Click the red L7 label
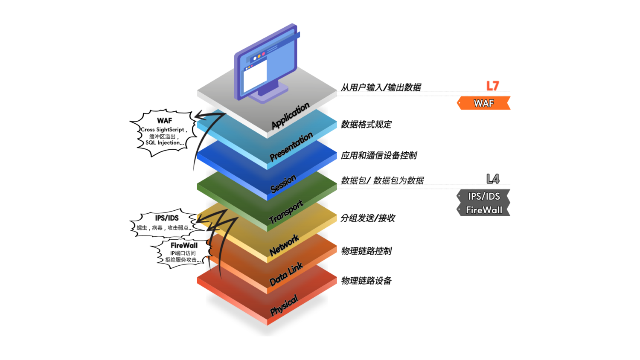pyautogui.click(x=492, y=86)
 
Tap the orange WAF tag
pyautogui.click(x=484, y=103)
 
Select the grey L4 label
pyautogui.click(x=492, y=179)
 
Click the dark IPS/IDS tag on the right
pyautogui.click(x=484, y=196)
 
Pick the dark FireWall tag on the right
pyautogui.click(x=484, y=210)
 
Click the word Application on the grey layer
pyautogui.click(x=291, y=116)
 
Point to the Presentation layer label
pyautogui.click(x=291, y=147)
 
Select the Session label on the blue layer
pyautogui.click(x=283, y=183)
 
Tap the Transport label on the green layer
pyautogui.click(x=286, y=212)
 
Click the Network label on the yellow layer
pyautogui.click(x=284, y=245)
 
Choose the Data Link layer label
pyautogui.click(x=286, y=274)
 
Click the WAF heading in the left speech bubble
pyautogui.click(x=164, y=121)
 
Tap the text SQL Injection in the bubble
pyautogui.click(x=165, y=143)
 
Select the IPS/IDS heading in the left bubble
pyautogui.click(x=167, y=218)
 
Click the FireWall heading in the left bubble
pyautogui.click(x=184, y=245)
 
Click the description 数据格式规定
pyautogui.click(x=366, y=125)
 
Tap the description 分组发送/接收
pyautogui.click(x=368, y=218)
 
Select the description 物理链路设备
pyautogui.click(x=366, y=281)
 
